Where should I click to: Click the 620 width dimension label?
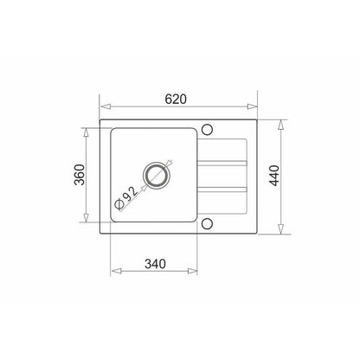(176, 100)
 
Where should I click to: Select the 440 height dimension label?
(274, 176)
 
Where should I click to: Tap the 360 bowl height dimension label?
(80, 175)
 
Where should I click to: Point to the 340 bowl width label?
(155, 264)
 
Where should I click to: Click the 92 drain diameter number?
(130, 193)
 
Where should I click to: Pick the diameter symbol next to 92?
(119, 204)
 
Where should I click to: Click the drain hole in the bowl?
(157, 175)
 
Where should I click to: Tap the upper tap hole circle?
(207, 130)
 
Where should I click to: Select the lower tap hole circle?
(207, 223)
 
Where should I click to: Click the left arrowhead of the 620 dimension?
(106, 106)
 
